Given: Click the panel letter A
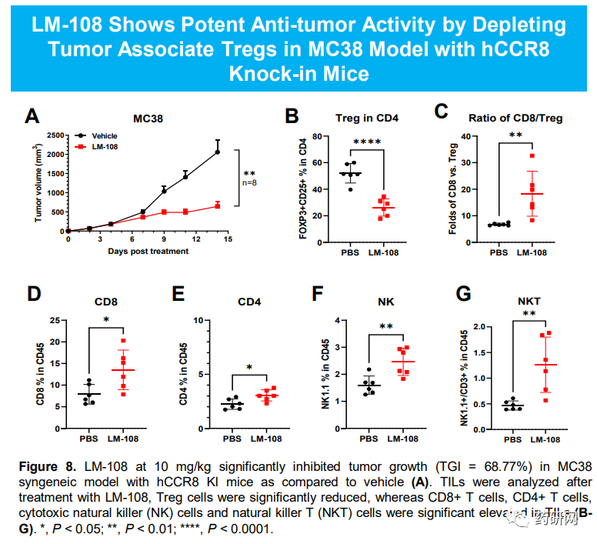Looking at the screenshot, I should coord(32,116).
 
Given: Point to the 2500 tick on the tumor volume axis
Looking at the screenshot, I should coord(55,135).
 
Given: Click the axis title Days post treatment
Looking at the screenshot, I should coord(147,251).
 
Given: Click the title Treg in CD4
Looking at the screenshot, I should coord(367,118).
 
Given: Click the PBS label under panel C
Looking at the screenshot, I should coord(499,252).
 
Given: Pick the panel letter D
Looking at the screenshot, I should coord(32,295).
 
